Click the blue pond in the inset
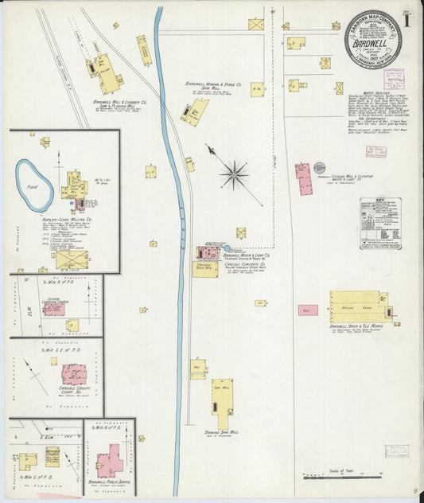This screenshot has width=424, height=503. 35,185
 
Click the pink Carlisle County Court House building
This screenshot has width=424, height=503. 75,374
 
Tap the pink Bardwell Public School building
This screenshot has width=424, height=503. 111,461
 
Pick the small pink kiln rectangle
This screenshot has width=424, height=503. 308,310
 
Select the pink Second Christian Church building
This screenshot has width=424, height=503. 54,309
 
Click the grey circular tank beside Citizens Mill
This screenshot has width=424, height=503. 319,168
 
